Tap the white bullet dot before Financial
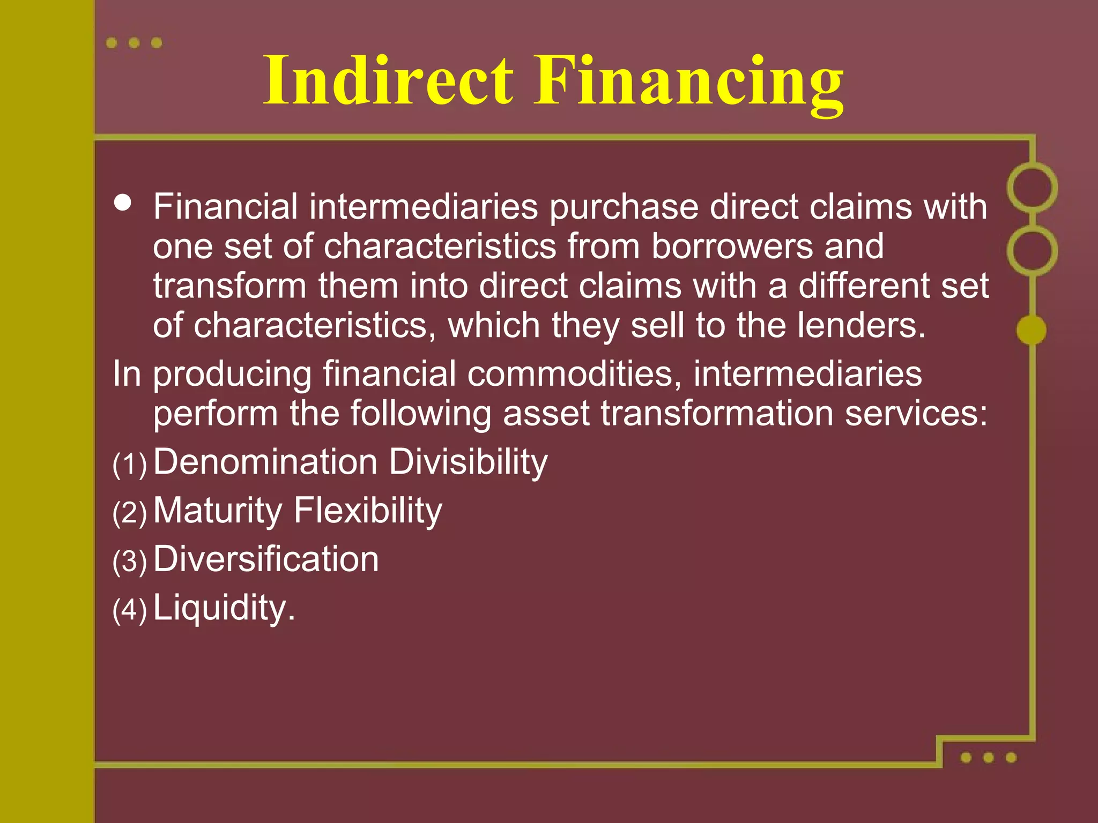coord(123,203)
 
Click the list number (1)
coord(130,464)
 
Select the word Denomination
coord(266,462)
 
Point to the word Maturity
coord(218,511)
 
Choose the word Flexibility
coord(368,511)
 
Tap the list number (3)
coord(130,562)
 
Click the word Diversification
coord(266,559)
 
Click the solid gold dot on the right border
coord(1031,330)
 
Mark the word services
coord(916,414)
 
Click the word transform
coord(229,286)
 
